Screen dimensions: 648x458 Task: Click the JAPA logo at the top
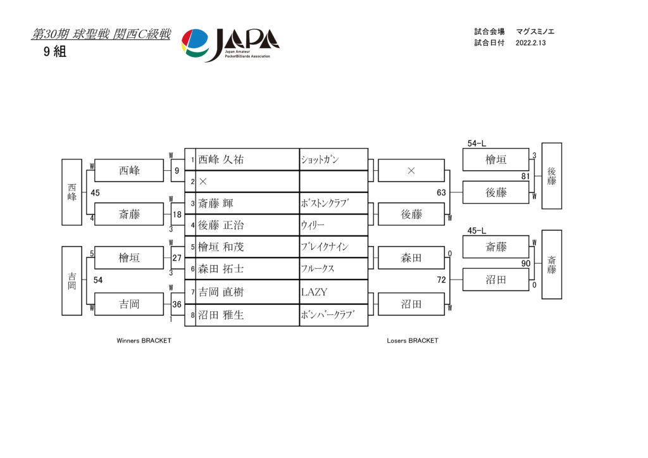point(230,45)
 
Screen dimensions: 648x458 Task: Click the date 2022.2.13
point(531,43)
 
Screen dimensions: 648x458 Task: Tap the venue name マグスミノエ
point(535,32)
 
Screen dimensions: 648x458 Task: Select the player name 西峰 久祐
point(221,159)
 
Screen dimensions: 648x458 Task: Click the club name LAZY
point(314,292)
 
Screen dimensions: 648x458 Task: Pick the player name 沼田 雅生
point(221,315)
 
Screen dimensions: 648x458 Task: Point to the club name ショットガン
point(320,159)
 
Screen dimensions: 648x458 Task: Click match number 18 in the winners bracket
point(177,214)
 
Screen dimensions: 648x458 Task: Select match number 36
point(177,304)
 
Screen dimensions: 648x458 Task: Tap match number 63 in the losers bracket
point(441,192)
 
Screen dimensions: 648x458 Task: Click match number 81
point(525,176)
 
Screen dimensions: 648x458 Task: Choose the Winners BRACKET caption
point(144,341)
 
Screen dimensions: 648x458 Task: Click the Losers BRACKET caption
point(413,341)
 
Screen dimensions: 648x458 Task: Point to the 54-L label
point(477,144)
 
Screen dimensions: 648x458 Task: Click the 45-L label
point(477,230)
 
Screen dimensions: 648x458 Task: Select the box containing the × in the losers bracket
point(411,171)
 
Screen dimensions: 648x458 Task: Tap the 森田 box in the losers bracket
point(411,257)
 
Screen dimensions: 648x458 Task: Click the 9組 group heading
point(55,52)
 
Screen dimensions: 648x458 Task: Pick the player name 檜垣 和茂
point(221,247)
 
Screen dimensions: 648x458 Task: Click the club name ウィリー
point(313,225)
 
